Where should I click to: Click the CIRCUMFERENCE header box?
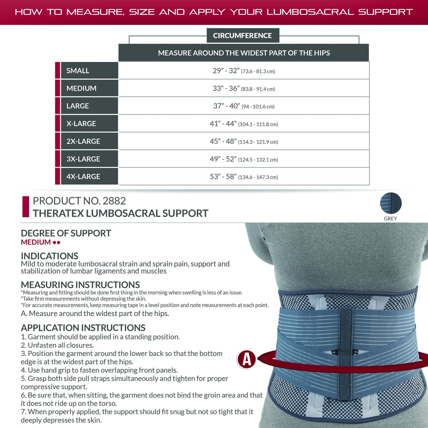pyautogui.click(x=242, y=36)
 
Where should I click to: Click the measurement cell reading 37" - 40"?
pyautogui.click(x=244, y=106)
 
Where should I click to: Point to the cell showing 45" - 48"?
pyautogui.click(x=244, y=141)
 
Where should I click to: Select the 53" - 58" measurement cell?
pyautogui.click(x=244, y=177)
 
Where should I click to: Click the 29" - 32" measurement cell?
pyautogui.click(x=244, y=71)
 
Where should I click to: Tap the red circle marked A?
pyautogui.click(x=246, y=359)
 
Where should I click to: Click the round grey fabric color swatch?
pyautogui.click(x=391, y=203)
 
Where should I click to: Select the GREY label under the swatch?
pyautogui.click(x=390, y=219)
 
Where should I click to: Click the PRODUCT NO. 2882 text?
pyautogui.click(x=79, y=201)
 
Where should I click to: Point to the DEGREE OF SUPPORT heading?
pyautogui.click(x=66, y=233)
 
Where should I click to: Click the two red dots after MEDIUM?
pyautogui.click(x=57, y=242)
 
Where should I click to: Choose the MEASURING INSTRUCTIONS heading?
pyautogui.click(x=80, y=285)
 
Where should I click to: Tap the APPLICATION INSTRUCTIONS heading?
pyautogui.click(x=83, y=328)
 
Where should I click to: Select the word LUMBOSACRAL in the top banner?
pyautogui.click(x=310, y=12)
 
